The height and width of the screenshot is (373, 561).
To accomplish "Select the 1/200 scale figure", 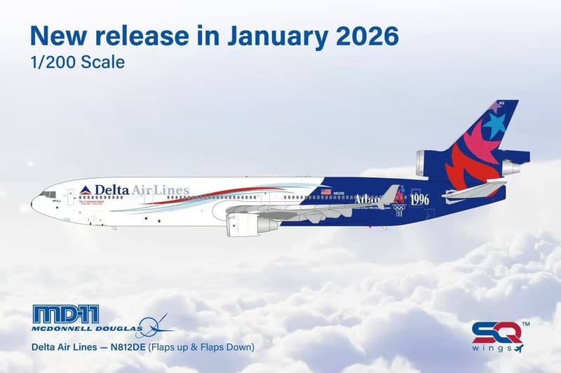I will coord(52,62).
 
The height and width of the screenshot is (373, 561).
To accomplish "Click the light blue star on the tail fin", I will coord(494,125).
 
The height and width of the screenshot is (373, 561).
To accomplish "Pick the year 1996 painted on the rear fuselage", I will coord(419,199).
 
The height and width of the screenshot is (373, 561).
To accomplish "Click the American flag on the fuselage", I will coord(325,191).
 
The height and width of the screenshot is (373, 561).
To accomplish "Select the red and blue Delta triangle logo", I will coord(86,190).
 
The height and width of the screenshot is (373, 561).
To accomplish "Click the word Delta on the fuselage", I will coord(112,189).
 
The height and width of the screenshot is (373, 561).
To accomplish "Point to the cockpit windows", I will coord(48,194).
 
